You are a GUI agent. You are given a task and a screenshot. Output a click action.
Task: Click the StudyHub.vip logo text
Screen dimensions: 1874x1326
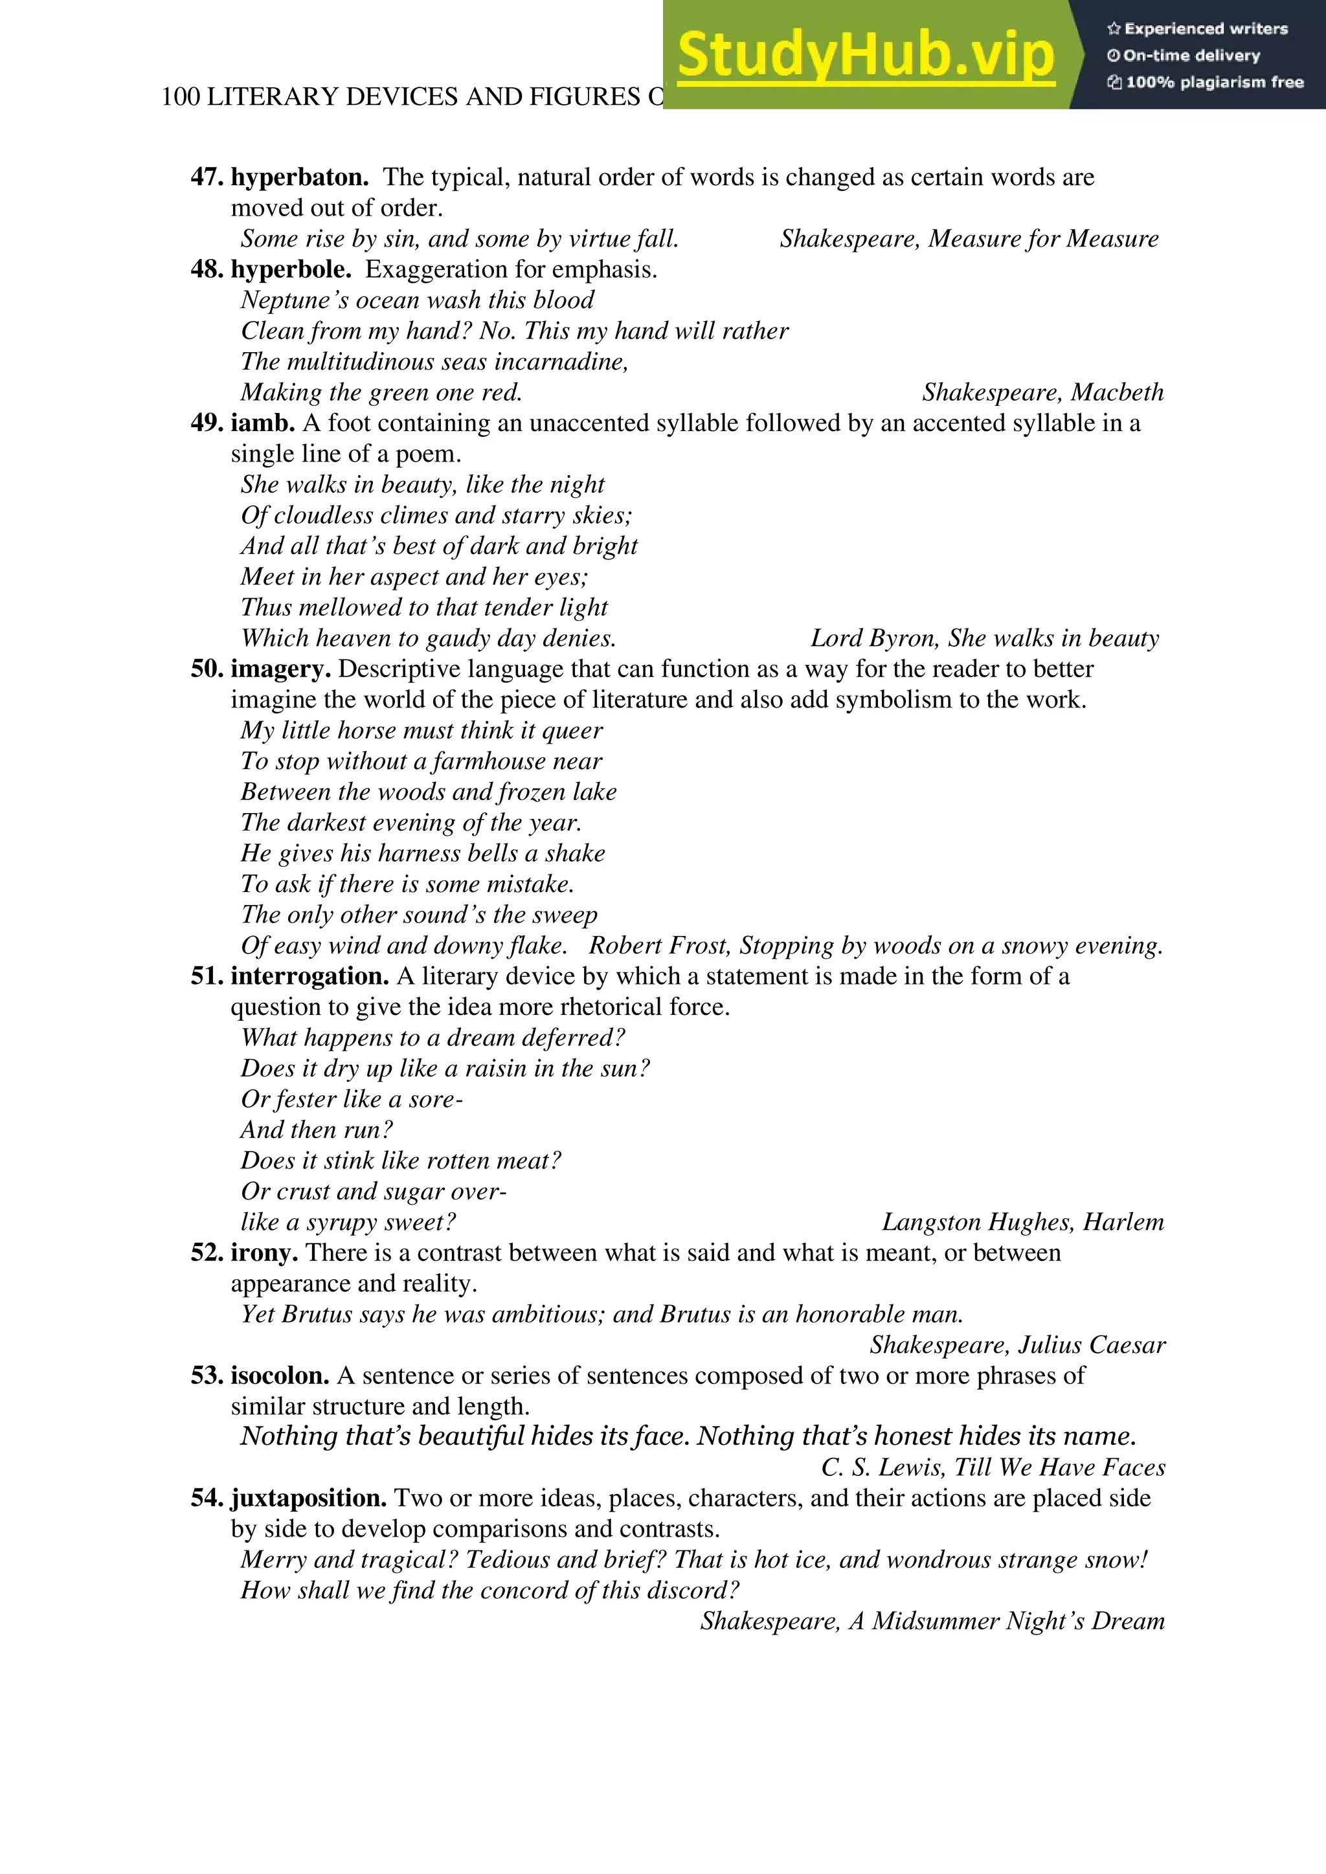click(x=866, y=56)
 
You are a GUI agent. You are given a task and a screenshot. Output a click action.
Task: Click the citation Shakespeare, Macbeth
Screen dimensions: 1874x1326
click(x=1042, y=392)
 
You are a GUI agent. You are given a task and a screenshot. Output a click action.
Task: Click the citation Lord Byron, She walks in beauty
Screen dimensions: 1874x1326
click(x=984, y=638)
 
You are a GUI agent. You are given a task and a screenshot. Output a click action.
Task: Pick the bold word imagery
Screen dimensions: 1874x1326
click(x=280, y=669)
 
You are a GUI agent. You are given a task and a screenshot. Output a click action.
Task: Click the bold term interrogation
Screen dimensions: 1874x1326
click(x=309, y=976)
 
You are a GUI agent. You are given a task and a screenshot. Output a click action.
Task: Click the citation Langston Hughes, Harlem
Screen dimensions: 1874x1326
click(x=1022, y=1223)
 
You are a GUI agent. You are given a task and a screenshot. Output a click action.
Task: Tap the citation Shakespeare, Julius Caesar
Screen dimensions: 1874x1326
click(x=1017, y=1345)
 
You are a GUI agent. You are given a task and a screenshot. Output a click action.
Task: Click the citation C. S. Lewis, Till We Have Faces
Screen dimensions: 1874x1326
click(x=993, y=1468)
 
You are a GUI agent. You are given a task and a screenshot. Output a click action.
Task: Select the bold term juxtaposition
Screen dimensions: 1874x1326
click(x=309, y=1499)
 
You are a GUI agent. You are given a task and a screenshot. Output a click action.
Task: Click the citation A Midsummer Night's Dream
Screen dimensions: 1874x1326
click(x=1006, y=1621)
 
